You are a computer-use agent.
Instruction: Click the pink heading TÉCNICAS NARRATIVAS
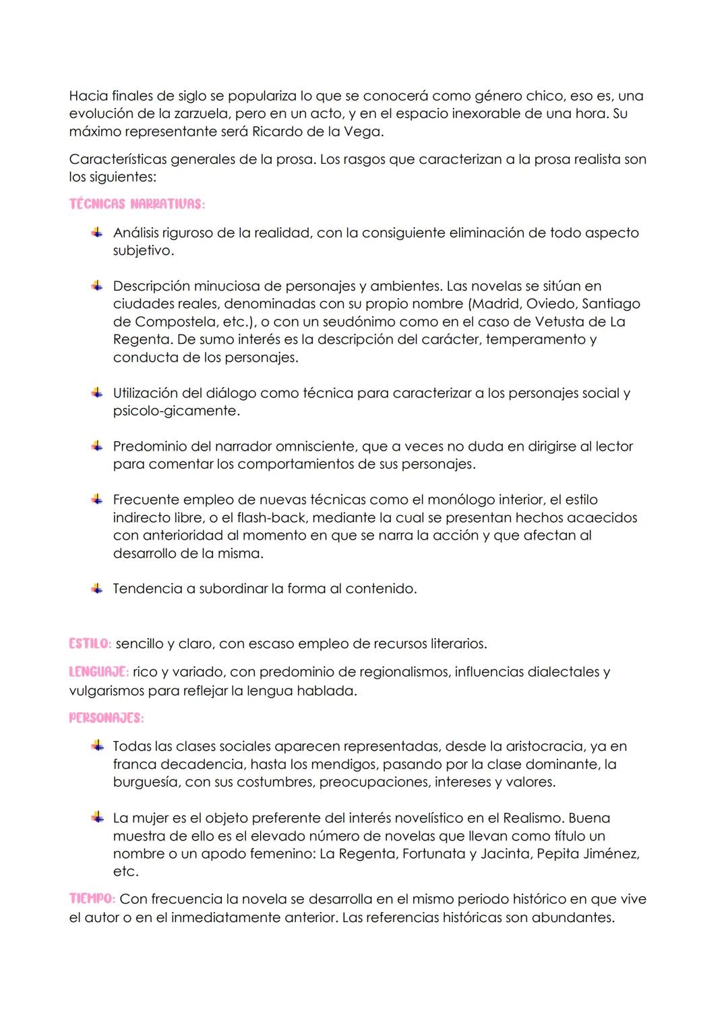point(137,204)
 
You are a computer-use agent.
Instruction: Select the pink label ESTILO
point(90,643)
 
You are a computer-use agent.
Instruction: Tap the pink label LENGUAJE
point(99,672)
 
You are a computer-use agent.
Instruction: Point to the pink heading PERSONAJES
point(107,718)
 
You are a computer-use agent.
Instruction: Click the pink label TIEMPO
point(92,899)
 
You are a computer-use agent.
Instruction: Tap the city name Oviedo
point(553,304)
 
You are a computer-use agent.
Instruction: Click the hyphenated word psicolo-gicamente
point(175,410)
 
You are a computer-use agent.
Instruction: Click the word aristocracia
point(542,746)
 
